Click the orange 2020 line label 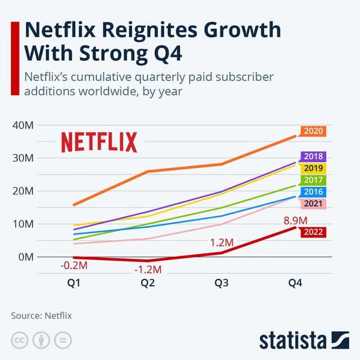tap(313, 132)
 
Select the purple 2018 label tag tap(313, 157)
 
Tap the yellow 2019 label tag tap(313, 168)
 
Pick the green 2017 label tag tap(313, 180)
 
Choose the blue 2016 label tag tap(313, 192)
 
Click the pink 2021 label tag tap(313, 204)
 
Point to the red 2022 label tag tap(313, 232)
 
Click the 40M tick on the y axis tap(22, 125)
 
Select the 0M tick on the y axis tap(25, 257)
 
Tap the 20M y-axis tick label tap(22, 191)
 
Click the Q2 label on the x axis tap(148, 283)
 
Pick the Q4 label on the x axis tap(295, 283)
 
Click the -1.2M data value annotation tap(148, 270)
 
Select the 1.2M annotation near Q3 tap(222, 243)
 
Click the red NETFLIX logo tap(99, 142)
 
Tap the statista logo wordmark tap(292, 340)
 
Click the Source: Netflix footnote tap(42, 316)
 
